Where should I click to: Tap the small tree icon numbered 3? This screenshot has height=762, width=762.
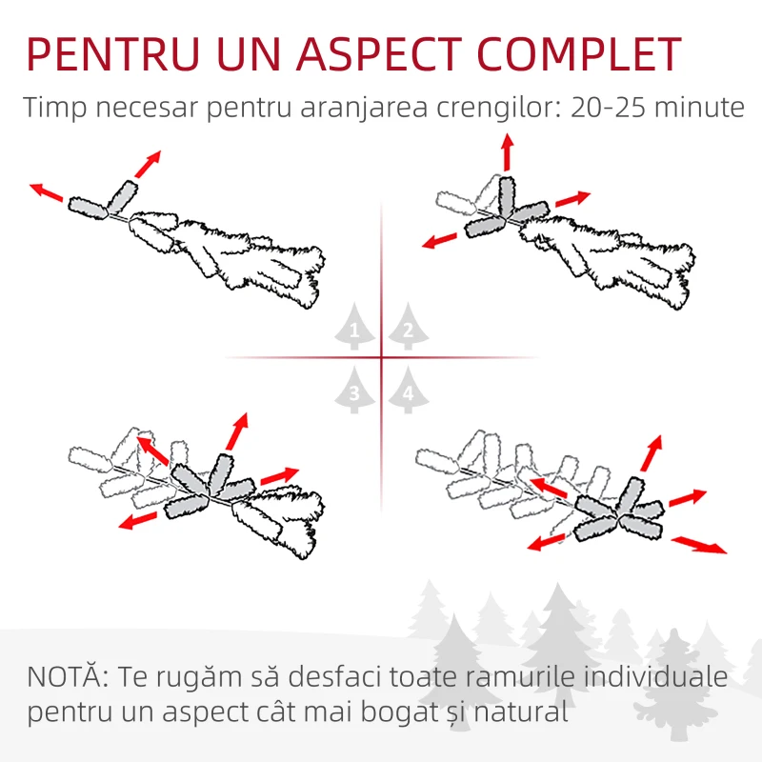pyautogui.click(x=354, y=391)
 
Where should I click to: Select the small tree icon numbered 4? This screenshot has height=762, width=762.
pyautogui.click(x=408, y=391)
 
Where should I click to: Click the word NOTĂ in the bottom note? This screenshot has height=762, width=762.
pyautogui.click(x=67, y=678)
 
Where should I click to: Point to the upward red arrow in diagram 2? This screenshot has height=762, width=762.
pyautogui.click(x=507, y=151)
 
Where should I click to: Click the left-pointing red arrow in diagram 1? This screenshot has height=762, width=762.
pyautogui.click(x=47, y=192)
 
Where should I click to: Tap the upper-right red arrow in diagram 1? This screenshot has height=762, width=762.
pyautogui.click(x=147, y=164)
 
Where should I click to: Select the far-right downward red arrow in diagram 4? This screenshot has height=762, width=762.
pyautogui.click(x=698, y=545)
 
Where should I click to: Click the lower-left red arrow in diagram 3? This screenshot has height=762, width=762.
pyautogui.click(x=139, y=519)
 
